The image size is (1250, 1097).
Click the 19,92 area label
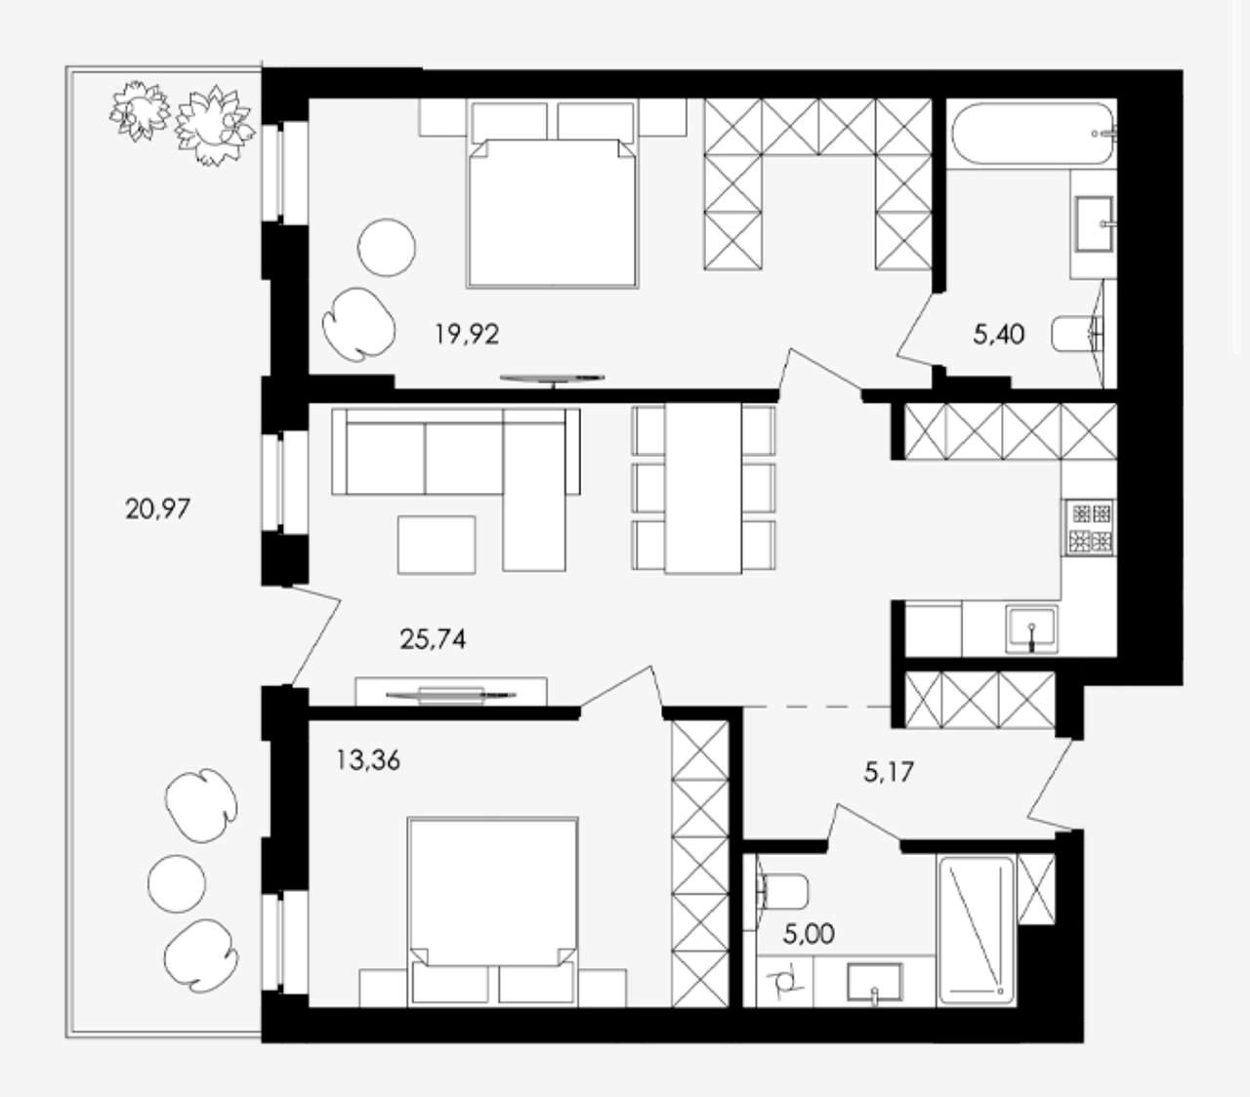[467, 334]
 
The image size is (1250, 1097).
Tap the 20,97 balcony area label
[158, 508]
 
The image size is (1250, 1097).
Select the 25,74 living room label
[433, 639]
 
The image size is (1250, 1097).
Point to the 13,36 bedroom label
[368, 759]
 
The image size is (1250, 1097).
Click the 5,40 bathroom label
[999, 334]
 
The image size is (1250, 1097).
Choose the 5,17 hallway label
[889, 771]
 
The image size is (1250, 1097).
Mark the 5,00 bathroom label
[809, 934]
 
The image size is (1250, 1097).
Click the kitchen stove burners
[1088, 527]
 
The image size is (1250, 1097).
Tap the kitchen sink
[1031, 629]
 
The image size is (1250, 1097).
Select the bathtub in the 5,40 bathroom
[1033, 134]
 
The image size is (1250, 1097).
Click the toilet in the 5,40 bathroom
[1076, 334]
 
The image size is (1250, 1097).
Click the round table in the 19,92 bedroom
[386, 247]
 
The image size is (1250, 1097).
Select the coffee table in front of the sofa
[437, 546]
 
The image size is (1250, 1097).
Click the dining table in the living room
[703, 488]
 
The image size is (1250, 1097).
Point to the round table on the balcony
[177, 883]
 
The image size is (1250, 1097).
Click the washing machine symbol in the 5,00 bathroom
[783, 982]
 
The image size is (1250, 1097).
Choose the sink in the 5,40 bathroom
[1094, 224]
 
